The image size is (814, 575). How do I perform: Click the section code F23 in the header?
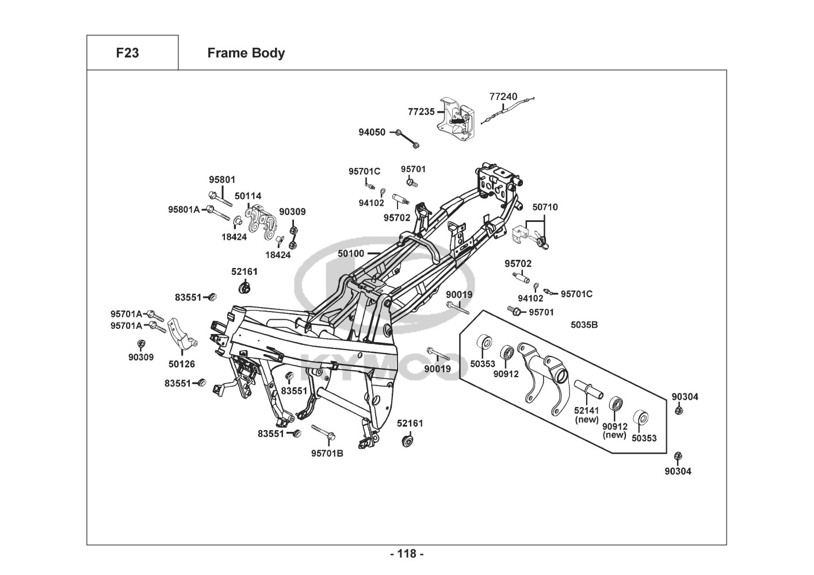[127, 53]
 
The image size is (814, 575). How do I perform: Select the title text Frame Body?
[246, 53]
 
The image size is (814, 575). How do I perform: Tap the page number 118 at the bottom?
[407, 554]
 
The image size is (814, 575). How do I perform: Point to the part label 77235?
[421, 112]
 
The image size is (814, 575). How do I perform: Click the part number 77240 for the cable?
[503, 97]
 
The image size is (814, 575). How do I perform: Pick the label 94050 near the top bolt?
[372, 132]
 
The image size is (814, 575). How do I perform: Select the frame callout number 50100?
[351, 253]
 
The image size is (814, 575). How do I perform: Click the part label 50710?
[545, 207]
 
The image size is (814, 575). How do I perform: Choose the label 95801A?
[184, 209]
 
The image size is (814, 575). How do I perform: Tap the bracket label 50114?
[248, 195]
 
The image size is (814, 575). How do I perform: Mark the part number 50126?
[182, 364]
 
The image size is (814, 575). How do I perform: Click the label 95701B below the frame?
[327, 453]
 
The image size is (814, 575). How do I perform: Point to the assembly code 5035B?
[584, 325]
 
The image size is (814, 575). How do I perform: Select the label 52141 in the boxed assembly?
[587, 411]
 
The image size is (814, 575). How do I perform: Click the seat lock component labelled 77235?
[458, 119]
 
